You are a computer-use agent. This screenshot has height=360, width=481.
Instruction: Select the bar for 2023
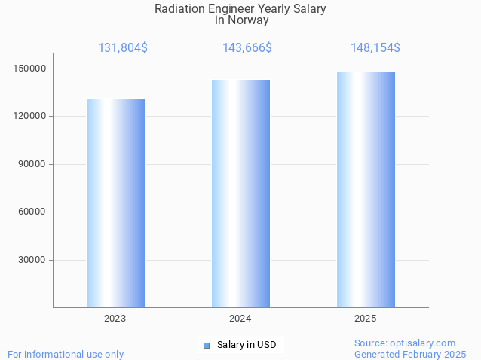pyautogui.click(x=115, y=203)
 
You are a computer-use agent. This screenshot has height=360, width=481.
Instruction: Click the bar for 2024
pyautogui.click(x=240, y=194)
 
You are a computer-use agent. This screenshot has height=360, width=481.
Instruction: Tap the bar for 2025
pyautogui.click(x=366, y=190)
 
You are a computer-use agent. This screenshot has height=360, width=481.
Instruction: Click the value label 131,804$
pyautogui.click(x=123, y=48)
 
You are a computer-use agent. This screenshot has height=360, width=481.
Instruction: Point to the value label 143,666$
pyautogui.click(x=247, y=48)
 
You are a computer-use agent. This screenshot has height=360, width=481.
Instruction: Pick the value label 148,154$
pyautogui.click(x=375, y=48)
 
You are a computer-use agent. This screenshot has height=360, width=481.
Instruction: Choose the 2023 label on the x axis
pyautogui.click(x=115, y=319)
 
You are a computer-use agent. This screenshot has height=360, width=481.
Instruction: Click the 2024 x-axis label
pyautogui.click(x=240, y=319)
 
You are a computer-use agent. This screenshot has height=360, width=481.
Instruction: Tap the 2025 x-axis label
pyautogui.click(x=366, y=319)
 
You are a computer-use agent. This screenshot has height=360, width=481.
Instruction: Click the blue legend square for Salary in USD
pyautogui.click(x=206, y=346)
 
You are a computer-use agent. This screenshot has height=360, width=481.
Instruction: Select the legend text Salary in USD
pyautogui.click(x=247, y=346)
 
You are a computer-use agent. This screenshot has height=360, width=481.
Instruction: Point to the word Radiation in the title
pyautogui.click(x=178, y=9)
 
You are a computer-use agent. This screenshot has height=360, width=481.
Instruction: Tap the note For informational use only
pyautogui.click(x=66, y=354)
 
